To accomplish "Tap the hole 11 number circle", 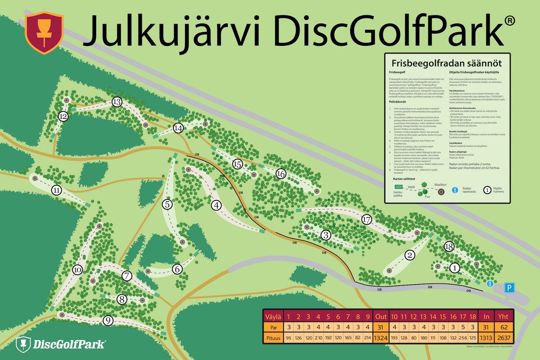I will [x=56, y=190].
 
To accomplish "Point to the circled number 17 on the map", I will [x=366, y=220].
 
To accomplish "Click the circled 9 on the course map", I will [x=108, y=320].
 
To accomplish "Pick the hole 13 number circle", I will [x=117, y=102].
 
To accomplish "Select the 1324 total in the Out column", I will [x=381, y=338].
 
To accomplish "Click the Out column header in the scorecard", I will [x=381, y=316].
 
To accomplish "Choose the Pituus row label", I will [x=273, y=338].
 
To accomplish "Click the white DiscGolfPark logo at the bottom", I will [x=61, y=345].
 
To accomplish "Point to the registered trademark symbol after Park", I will [x=508, y=20].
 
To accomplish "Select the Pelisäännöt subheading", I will [x=400, y=102].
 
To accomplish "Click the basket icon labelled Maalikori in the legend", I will [x=441, y=191].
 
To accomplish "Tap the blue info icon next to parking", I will [x=490, y=283].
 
